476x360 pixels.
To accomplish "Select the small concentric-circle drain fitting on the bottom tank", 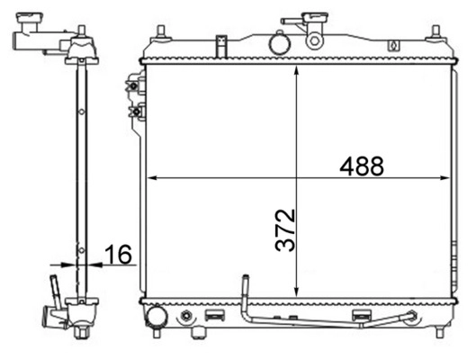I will pyautogui.click(x=186, y=316).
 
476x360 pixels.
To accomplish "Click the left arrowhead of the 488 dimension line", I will pyautogui.click(x=151, y=177).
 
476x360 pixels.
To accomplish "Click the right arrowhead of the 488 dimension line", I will pyautogui.click(x=448, y=177).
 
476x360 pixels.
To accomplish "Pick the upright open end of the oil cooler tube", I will pyautogui.click(x=242, y=282).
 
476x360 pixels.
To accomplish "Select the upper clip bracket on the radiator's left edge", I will pyautogui.click(x=135, y=88).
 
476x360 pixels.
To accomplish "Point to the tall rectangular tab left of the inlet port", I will pyautogui.click(x=220, y=44).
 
